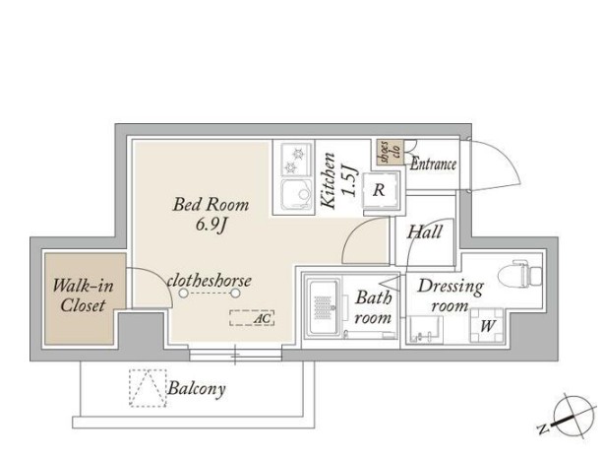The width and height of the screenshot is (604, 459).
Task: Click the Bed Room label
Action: click(x=211, y=205)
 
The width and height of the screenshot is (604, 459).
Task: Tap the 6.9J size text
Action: click(x=211, y=225)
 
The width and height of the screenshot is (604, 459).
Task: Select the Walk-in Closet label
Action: click(x=83, y=295)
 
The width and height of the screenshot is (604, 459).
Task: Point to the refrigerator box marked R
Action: click(x=380, y=190)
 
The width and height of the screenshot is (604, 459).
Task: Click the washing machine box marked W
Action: click(x=487, y=326)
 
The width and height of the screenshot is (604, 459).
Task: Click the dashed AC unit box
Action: click(x=252, y=318)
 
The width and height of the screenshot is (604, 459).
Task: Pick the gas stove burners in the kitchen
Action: click(x=296, y=161)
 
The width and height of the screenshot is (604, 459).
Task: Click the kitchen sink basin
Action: click(x=296, y=194)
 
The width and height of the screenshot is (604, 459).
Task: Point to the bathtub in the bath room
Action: click(x=324, y=307)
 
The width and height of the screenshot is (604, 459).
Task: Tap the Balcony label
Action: click(x=197, y=389)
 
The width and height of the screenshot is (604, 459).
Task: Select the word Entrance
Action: click(x=433, y=164)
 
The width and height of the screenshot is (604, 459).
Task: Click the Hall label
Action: click(x=425, y=232)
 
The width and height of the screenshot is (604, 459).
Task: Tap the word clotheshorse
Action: click(x=210, y=281)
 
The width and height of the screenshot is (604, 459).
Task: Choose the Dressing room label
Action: click(x=451, y=296)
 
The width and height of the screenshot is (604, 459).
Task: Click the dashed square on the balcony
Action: click(x=148, y=388)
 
